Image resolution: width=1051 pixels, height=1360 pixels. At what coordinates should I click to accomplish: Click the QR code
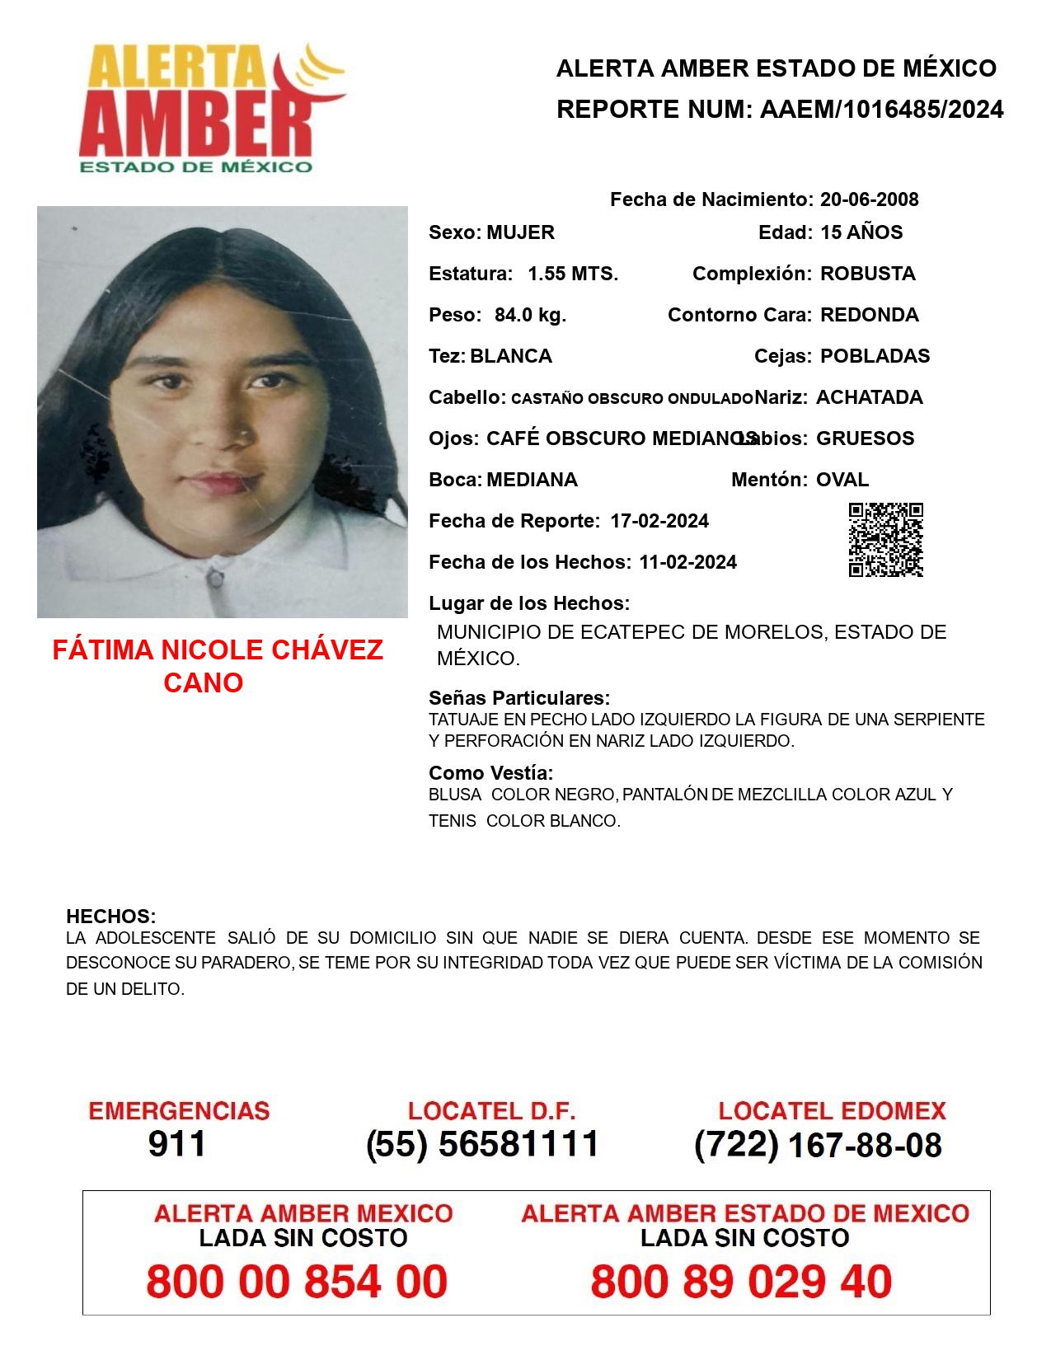[886, 540]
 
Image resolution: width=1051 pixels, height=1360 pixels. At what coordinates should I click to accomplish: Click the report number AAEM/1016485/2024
[881, 110]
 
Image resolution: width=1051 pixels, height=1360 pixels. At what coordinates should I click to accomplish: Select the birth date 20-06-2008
[869, 199]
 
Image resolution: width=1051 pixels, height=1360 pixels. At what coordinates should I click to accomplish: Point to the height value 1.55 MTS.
[573, 274]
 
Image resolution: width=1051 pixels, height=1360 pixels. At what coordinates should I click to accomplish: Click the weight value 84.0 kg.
[530, 315]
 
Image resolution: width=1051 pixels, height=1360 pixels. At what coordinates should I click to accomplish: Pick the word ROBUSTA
[867, 274]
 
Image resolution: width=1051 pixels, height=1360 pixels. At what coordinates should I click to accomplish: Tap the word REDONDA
[869, 315]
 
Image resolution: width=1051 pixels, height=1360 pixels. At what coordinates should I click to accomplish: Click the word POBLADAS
[875, 356]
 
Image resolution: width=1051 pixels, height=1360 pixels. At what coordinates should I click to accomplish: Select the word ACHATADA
[869, 397]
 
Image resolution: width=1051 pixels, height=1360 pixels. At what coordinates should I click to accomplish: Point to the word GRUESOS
[865, 438]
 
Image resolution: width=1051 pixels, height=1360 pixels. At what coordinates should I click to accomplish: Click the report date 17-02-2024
[659, 521]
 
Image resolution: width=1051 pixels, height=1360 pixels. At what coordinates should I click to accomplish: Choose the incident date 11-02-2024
[687, 562]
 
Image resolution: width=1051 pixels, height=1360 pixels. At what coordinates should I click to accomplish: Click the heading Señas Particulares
[519, 699]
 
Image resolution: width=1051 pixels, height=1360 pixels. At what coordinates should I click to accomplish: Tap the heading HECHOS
[110, 917]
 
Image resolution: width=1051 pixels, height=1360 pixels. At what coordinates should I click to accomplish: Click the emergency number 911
[177, 1144]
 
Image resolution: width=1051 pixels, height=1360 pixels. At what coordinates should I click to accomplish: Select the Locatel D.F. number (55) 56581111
[482, 1144]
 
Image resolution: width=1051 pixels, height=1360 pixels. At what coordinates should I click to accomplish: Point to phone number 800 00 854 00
[297, 1283]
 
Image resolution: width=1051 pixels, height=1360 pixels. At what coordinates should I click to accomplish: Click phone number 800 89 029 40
[741, 1283]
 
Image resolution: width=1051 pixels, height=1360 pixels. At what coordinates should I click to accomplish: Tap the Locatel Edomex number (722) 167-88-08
[818, 1145]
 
